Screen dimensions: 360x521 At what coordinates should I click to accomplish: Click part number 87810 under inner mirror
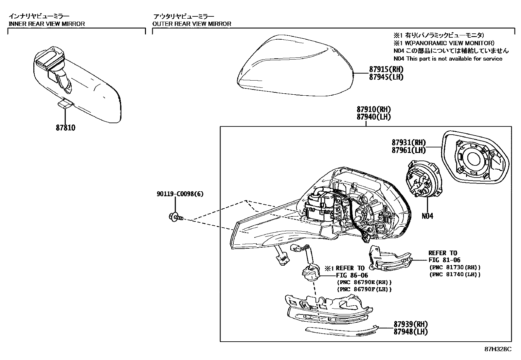[65, 128]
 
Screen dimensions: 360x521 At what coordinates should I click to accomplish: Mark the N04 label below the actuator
[427, 216]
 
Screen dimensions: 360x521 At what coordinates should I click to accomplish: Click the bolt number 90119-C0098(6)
[180, 194]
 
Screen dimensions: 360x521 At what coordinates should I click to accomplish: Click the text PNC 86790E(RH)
[364, 282]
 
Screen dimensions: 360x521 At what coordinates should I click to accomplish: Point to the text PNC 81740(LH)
[455, 275]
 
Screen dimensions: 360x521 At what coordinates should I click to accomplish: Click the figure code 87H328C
[498, 349]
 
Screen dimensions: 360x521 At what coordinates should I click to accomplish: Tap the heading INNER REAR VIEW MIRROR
[46, 24]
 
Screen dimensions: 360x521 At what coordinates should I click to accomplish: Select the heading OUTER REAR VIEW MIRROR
[192, 24]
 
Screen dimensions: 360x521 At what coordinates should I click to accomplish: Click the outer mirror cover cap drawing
[295, 67]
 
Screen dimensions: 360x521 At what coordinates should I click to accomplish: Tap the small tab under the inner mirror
[65, 104]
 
